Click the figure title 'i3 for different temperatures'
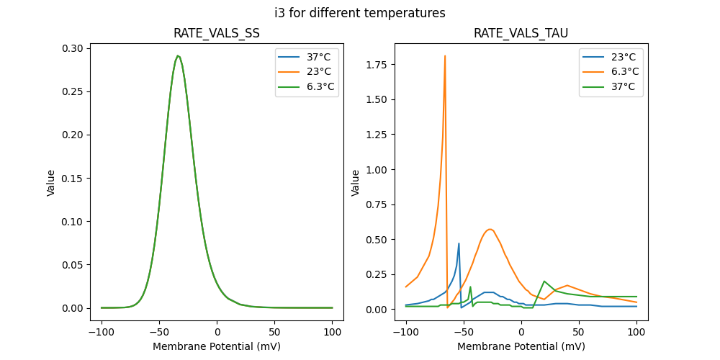(x=360, y=13)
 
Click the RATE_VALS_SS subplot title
(x=217, y=34)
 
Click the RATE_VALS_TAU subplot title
(x=521, y=34)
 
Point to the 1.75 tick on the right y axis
(x=380, y=65)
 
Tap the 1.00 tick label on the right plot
(x=380, y=169)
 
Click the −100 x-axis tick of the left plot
(x=101, y=333)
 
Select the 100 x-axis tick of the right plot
(x=636, y=333)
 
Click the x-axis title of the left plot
(x=217, y=346)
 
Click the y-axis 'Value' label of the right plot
(x=355, y=183)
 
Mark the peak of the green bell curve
(x=178, y=55)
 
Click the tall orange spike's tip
(x=445, y=55)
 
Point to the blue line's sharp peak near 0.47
(x=459, y=243)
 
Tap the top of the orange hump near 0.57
(x=490, y=230)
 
